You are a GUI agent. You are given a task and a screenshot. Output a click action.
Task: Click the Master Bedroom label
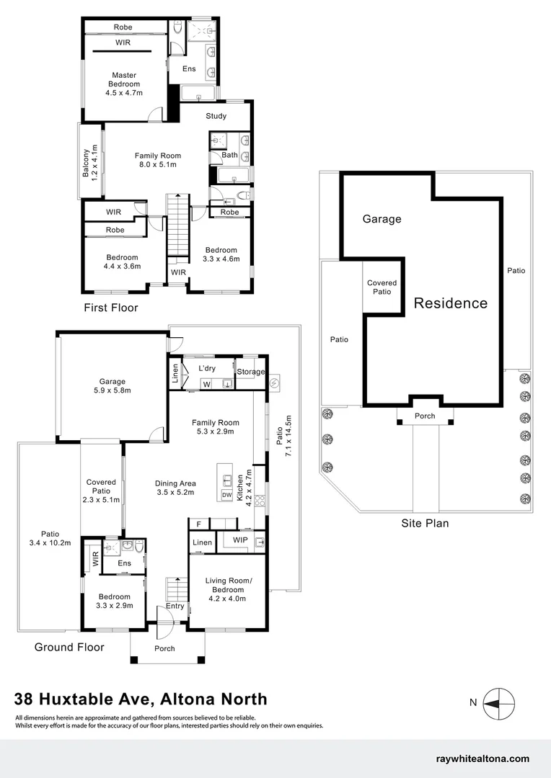coord(124,84)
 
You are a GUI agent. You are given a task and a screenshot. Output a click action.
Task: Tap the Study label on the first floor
coord(216,116)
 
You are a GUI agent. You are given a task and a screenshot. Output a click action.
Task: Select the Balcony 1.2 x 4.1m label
coord(89,162)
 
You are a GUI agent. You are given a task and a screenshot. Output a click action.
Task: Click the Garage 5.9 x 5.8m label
coord(113,386)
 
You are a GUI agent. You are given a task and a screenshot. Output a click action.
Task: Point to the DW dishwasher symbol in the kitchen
coord(226,495)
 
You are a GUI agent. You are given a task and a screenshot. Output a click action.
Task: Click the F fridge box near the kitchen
coord(198,524)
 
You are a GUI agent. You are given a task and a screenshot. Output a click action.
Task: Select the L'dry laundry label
coord(208,369)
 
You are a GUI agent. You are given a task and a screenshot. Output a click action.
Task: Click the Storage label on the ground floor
coord(250,372)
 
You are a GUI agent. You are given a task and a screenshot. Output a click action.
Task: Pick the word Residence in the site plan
coord(450,303)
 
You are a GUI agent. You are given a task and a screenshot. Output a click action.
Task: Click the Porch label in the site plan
coord(425,416)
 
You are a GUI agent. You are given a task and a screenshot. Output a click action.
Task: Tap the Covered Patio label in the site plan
coord(382,287)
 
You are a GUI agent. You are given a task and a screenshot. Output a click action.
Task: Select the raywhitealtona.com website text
coord(482,759)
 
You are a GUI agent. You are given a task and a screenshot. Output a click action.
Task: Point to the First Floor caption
coord(110,308)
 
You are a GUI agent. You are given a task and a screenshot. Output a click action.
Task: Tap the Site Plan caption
coord(425,523)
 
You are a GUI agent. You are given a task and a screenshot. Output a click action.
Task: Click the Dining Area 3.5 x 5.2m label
coord(175,488)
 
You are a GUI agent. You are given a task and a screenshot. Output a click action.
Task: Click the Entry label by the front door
coord(175,606)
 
